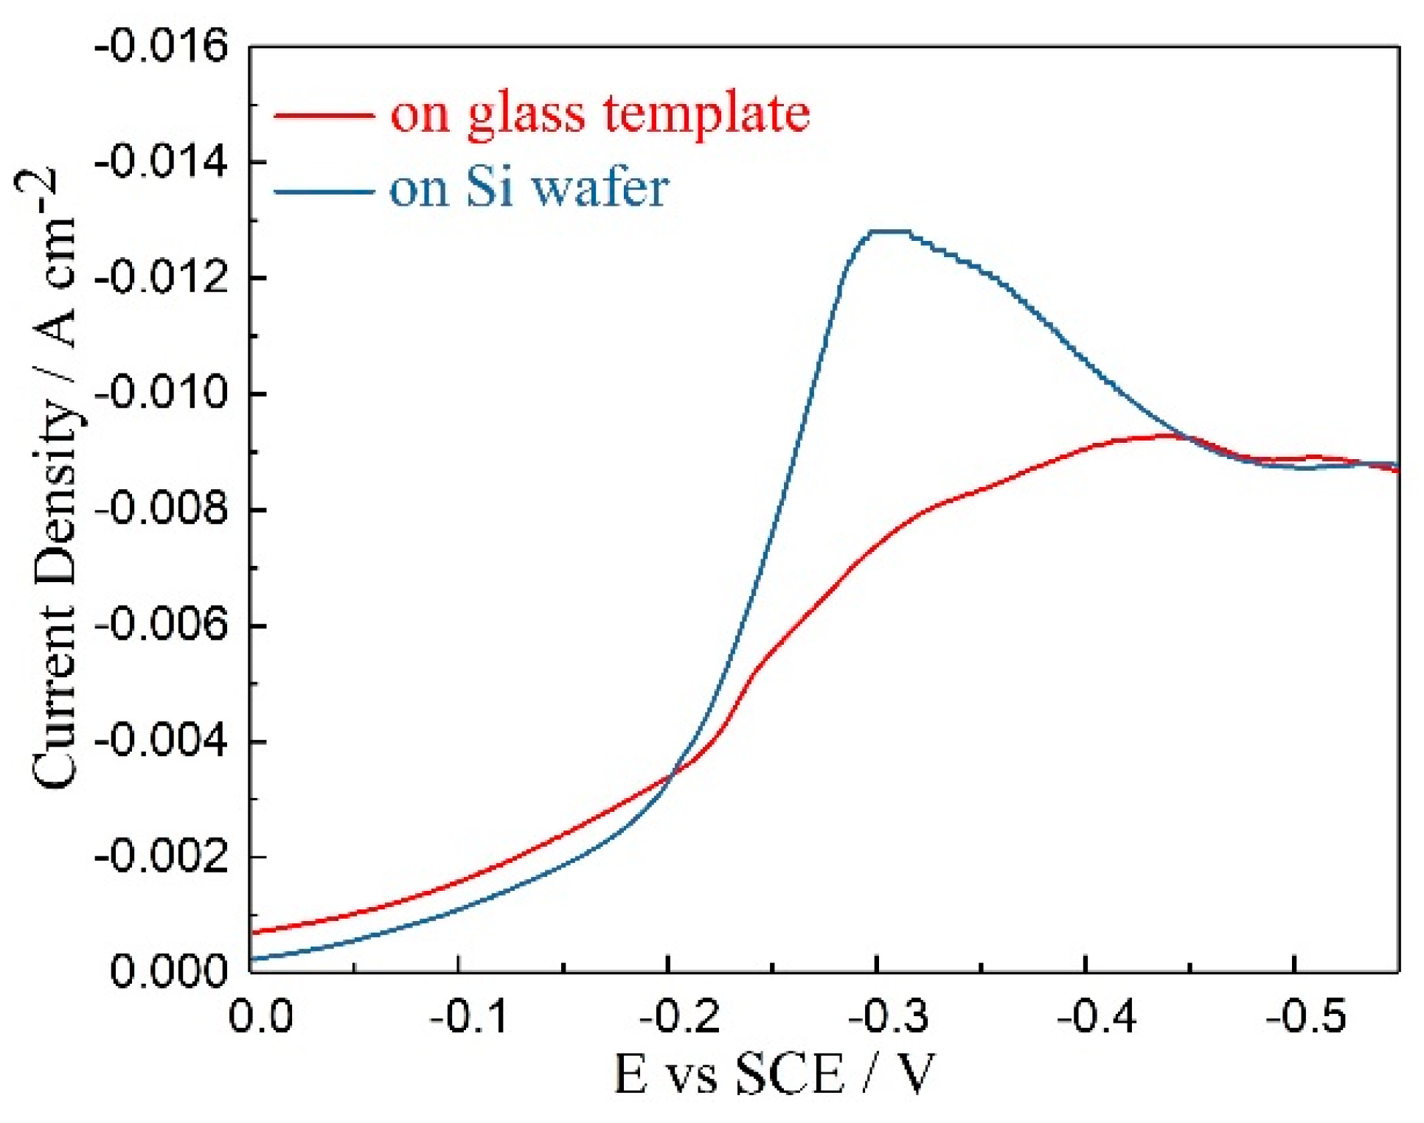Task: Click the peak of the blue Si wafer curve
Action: point(889,231)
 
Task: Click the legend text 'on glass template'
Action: point(600,113)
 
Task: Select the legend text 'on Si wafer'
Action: point(529,189)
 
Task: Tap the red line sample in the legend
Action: point(323,115)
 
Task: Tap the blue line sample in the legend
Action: point(323,192)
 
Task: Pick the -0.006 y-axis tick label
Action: point(161,626)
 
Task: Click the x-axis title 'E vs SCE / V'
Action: point(774,1074)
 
